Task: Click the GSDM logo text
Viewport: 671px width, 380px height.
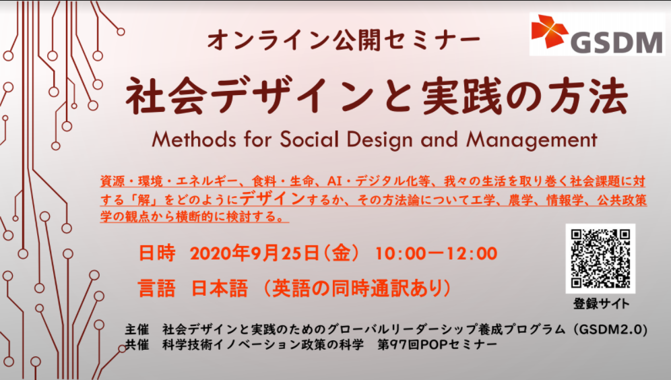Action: tap(616, 42)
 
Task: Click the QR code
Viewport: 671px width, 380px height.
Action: tap(600, 259)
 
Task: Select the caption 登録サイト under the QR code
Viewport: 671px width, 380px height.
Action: tap(601, 304)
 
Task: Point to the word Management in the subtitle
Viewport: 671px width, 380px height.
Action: tap(532, 140)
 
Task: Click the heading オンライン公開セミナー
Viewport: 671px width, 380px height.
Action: tap(344, 40)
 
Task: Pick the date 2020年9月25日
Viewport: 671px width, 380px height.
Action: tap(254, 253)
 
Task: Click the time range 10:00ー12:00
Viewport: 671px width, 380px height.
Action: tap(436, 253)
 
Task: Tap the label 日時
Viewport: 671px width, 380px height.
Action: tap(156, 253)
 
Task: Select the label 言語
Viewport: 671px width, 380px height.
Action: tap(156, 288)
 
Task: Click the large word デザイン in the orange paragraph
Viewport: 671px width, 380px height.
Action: tap(273, 198)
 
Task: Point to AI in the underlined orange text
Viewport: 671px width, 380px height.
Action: tap(334, 181)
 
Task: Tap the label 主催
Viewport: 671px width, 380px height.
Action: tap(137, 329)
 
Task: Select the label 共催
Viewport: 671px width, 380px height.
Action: tap(137, 344)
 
